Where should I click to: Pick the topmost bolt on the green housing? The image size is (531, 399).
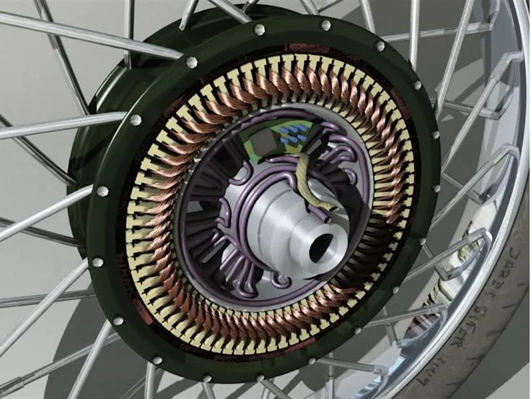pyautogui.click(x=260, y=30)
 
